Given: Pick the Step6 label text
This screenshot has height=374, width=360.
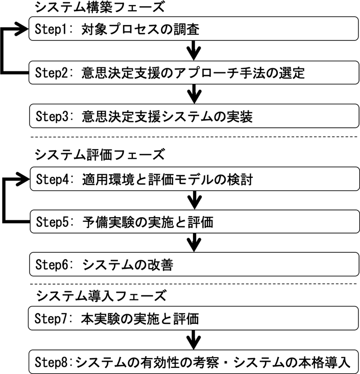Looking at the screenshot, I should [53, 265].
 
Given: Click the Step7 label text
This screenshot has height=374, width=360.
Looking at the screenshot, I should [53, 319].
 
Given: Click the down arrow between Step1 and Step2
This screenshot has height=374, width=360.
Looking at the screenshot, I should [193, 51].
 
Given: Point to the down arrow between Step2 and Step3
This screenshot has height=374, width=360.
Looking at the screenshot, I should [193, 95].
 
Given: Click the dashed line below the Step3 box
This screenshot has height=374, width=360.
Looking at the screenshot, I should [194, 137].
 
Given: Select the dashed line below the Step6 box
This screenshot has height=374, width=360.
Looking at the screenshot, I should [194, 284].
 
